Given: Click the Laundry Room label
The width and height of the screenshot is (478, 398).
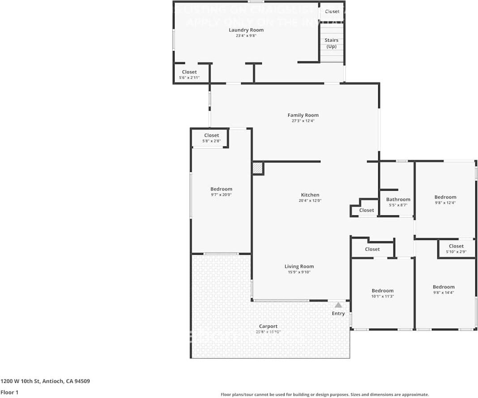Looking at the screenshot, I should pos(246,30).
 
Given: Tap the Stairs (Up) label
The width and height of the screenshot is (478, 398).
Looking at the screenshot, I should pos(331,43).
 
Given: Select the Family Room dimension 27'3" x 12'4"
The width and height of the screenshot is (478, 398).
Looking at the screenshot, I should pos(303,121).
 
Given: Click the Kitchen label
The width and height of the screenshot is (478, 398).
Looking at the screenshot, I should pos(310,195).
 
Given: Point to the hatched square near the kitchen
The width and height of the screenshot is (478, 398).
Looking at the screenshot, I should pos(257,168).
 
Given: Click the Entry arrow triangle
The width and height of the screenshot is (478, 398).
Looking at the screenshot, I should pos(338,305).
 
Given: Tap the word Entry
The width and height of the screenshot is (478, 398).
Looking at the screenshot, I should pos(338,313).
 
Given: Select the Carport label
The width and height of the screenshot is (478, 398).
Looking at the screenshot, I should pos(268,326).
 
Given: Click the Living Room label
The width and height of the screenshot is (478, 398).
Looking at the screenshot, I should pos(299,266).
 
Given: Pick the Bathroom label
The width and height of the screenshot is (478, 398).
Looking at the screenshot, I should pos(398,200).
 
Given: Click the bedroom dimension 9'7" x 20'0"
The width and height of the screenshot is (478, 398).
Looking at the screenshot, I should pos(221,195).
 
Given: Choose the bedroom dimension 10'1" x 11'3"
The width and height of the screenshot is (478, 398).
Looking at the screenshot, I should pos(382,296).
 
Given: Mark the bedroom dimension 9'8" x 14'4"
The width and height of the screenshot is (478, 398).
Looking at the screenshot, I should pos(443,293).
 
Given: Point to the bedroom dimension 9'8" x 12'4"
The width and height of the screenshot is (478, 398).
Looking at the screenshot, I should pos(445,203).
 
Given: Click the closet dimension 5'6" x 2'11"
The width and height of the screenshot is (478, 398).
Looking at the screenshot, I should pos(189,77).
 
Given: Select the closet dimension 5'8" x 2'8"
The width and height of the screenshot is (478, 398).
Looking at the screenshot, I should pos(211,141).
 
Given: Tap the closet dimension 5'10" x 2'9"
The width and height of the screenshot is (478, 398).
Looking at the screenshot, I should pos(456,252).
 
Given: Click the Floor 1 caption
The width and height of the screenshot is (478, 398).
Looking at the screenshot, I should pos(9,392).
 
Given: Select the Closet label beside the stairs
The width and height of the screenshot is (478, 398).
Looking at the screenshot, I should pos(332,12).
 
